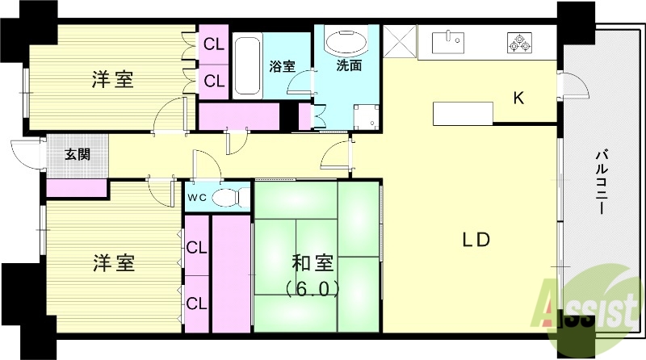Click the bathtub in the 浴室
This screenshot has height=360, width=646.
[247, 65]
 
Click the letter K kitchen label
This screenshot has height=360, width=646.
[520, 98]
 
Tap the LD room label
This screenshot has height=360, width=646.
[476, 240]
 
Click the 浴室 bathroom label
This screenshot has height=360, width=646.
[282, 66]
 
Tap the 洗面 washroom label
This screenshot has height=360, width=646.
[349, 66]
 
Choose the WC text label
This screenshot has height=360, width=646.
[198, 196]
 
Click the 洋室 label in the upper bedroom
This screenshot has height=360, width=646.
[112, 79]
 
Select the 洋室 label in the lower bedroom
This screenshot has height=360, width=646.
[113, 263]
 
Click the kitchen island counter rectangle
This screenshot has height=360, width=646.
[462, 113]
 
